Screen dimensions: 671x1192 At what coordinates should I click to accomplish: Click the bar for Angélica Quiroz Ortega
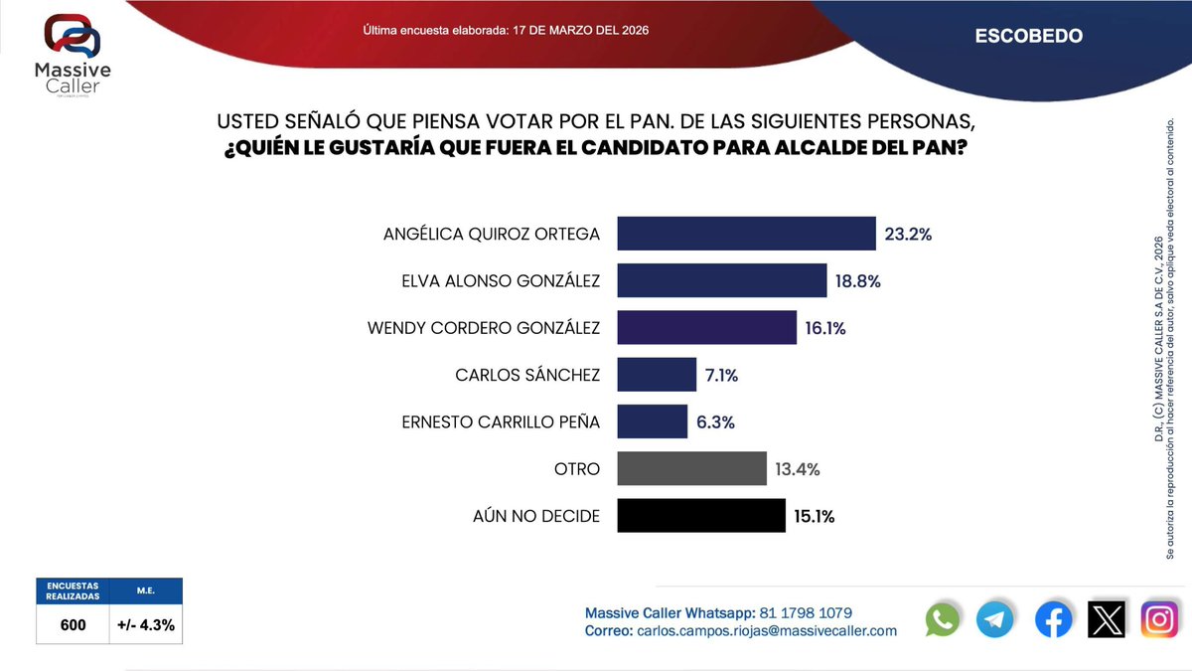point(746,234)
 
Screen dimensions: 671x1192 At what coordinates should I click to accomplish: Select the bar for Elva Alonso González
point(722,280)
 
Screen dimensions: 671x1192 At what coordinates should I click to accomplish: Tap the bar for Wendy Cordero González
point(706,327)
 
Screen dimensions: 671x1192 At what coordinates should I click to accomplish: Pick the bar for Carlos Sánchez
point(657,375)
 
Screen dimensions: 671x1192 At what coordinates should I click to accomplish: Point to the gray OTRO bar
point(691,468)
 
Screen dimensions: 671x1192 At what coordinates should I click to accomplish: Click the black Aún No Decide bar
point(701,516)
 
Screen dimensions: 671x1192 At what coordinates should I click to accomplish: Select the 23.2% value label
point(908,235)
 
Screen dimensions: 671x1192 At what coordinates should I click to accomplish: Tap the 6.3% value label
point(715,421)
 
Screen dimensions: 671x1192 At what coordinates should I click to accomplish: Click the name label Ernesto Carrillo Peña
point(501,421)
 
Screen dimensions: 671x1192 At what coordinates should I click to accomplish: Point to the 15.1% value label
point(814,516)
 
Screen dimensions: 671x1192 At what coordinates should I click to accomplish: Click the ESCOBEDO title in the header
point(1028,37)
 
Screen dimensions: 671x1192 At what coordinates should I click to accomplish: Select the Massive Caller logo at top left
point(73,55)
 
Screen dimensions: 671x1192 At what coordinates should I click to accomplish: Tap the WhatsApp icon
point(943,619)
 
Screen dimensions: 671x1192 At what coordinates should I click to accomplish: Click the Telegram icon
point(995,619)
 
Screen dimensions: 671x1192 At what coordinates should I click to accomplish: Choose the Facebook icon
point(1053,619)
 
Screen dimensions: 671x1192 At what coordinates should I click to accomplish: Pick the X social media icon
point(1107,619)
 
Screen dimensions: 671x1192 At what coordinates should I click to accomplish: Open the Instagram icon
point(1159,619)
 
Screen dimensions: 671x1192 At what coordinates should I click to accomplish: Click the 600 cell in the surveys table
point(72,625)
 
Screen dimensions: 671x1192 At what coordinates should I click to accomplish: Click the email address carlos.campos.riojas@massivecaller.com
point(766,630)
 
